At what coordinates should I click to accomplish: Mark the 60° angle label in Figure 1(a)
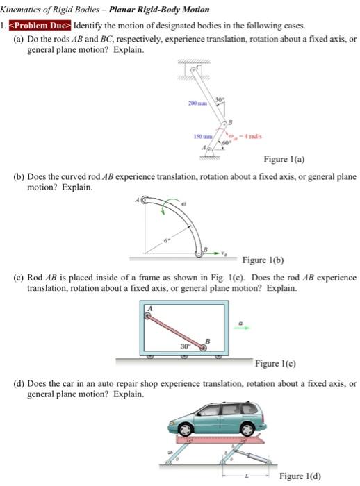225,142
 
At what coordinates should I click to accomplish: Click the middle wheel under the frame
183,356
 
